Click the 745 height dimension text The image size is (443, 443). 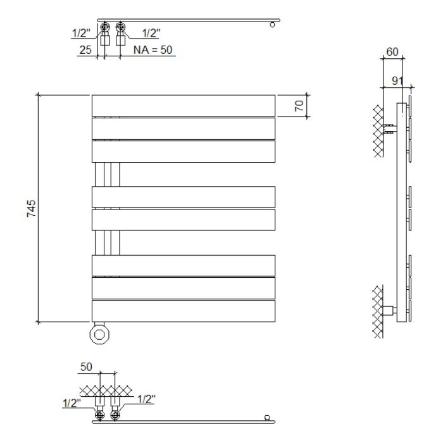[30, 209]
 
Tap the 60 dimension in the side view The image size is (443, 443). [392, 53]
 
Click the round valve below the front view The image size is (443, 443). [100, 334]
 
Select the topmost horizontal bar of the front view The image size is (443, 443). [183, 105]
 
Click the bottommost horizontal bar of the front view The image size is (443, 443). [183, 310]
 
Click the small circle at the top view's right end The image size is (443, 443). [272, 25]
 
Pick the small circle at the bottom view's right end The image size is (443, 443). [268, 417]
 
